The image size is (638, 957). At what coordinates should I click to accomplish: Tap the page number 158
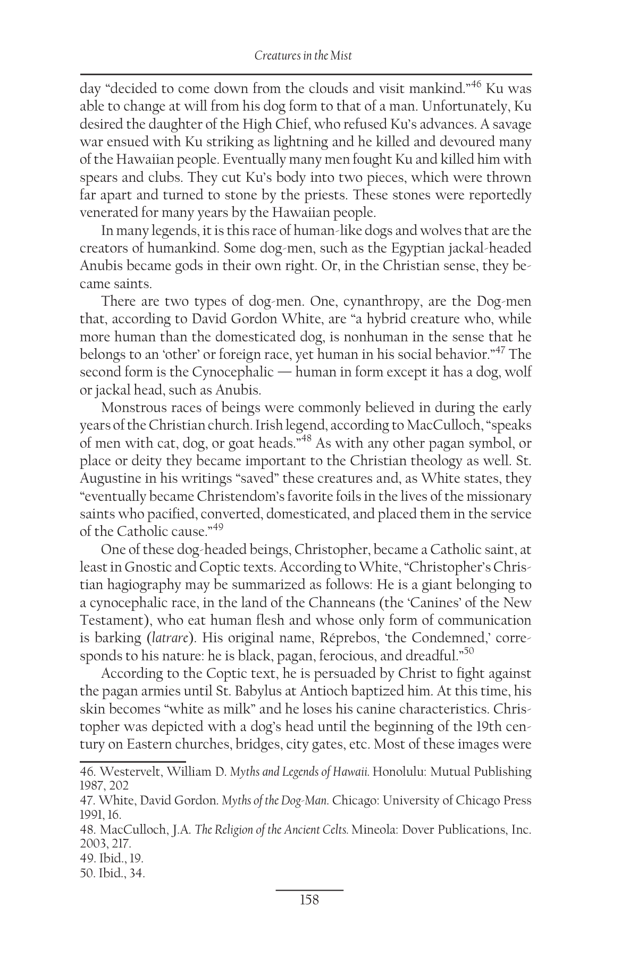309,900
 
